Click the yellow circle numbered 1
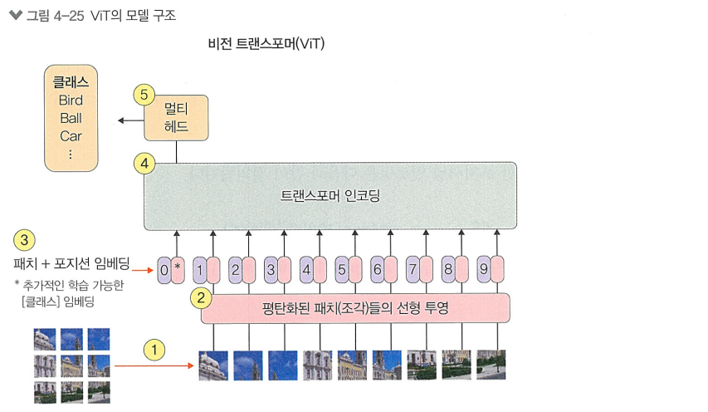click(154, 349)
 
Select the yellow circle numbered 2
click(199, 297)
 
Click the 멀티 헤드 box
click(176, 118)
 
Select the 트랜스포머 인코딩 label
click(330, 196)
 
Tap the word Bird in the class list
click(71, 101)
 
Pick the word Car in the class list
click(71, 136)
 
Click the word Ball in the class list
click(71, 118)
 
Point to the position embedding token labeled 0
click(164, 269)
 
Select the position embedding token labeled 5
click(341, 269)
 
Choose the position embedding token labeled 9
click(483, 269)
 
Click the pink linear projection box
click(355, 308)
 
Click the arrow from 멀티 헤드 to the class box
click(129, 121)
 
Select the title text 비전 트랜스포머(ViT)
click(266, 43)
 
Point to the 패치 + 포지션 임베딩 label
click(72, 265)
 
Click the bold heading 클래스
click(71, 82)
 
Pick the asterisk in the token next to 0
click(177, 269)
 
